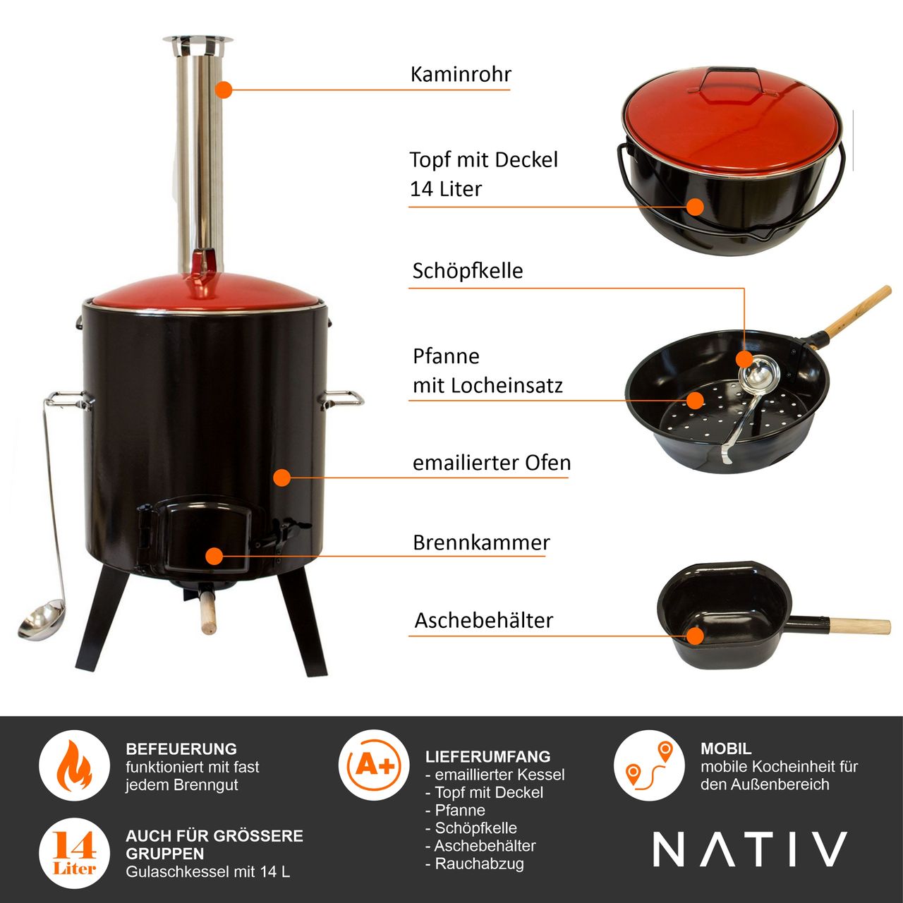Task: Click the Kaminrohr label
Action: tap(460, 75)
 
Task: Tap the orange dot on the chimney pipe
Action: tap(224, 90)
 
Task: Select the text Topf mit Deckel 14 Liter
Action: tap(483, 174)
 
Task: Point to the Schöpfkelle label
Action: tap(467, 271)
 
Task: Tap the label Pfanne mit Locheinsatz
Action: tap(487, 371)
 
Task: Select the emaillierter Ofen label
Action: tap(491, 463)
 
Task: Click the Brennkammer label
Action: tap(480, 543)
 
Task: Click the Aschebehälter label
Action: tap(483, 621)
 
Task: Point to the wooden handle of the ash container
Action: tap(859, 626)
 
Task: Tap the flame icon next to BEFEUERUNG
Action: tap(73, 765)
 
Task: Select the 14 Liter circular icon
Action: tap(74, 852)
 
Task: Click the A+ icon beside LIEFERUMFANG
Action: tap(374, 765)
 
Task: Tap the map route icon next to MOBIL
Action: tap(648, 765)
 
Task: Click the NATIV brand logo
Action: tap(749, 849)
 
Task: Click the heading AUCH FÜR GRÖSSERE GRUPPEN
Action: tap(214, 844)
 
